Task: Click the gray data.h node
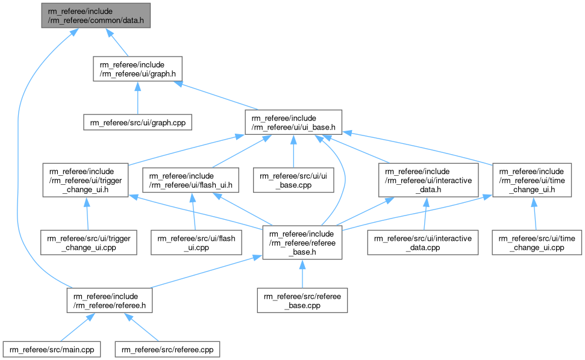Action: (x=96, y=14)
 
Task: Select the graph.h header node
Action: (x=137, y=69)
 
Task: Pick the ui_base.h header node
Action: (x=293, y=122)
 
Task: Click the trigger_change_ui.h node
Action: (x=86, y=179)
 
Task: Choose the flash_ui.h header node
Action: (x=190, y=179)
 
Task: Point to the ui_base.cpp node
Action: (x=293, y=179)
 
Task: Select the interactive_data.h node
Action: (x=428, y=179)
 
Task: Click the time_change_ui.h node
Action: (x=532, y=179)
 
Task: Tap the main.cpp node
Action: (x=51, y=349)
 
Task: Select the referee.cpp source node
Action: (x=167, y=349)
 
